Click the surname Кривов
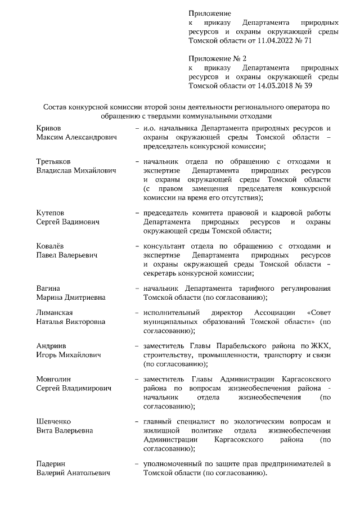coord(49,129)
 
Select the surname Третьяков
coord(55,161)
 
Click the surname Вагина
coord(48,289)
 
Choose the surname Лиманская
coord(55,313)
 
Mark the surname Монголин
coord(54,379)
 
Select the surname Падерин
coord(51,464)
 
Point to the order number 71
coord(308,41)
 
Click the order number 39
coord(308,86)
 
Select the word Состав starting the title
coord(58,107)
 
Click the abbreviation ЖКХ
coord(323,346)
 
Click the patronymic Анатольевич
coord(88,473)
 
